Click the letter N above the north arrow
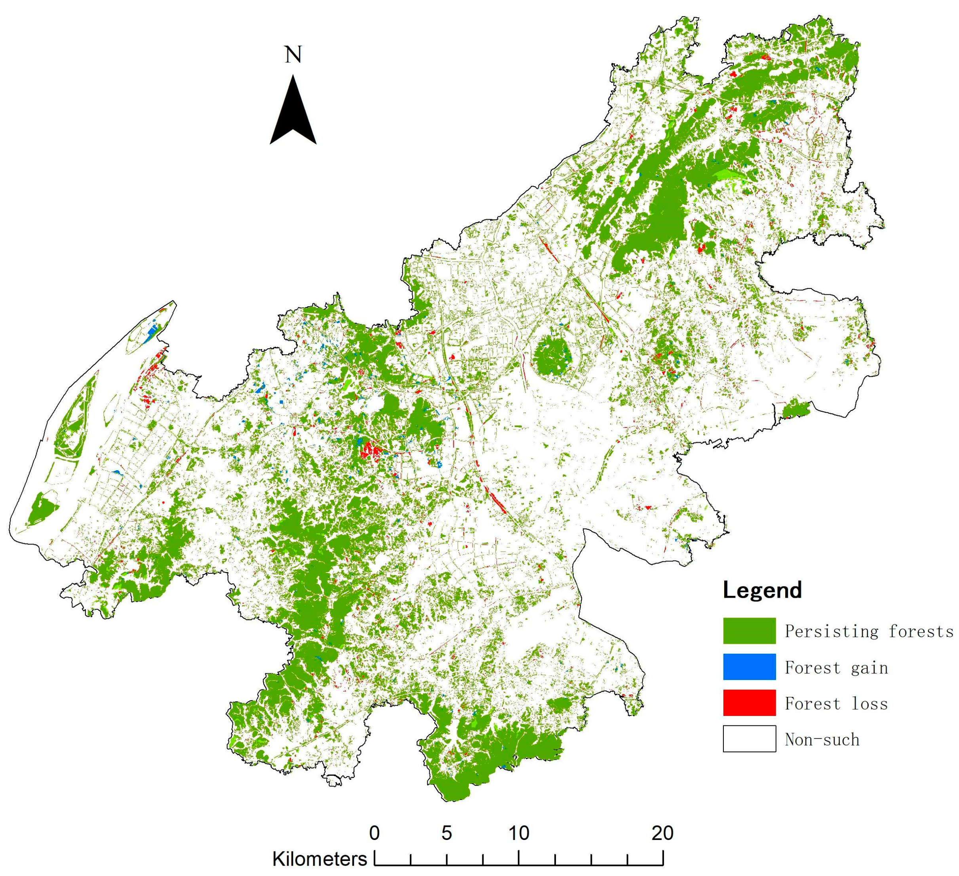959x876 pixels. coord(293,55)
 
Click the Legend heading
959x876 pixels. coord(762,590)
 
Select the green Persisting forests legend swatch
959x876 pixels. coord(749,631)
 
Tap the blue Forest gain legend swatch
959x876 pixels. coord(749,666)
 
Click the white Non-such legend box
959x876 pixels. coord(749,739)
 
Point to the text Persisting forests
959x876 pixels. coord(869,631)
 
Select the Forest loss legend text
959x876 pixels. coord(836,704)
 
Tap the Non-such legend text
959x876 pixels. coord(822,739)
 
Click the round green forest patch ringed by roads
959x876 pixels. coord(551,355)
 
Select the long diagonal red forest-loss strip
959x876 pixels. coord(495,498)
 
